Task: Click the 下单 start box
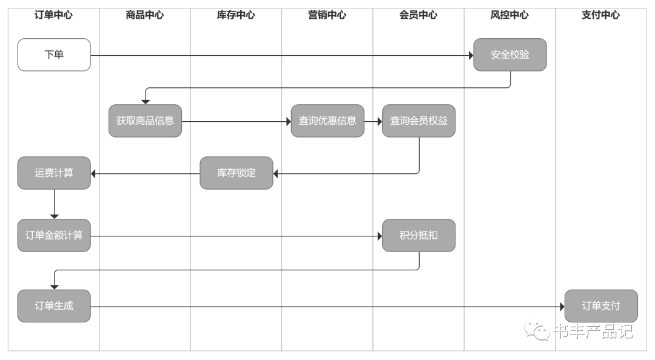pos(54,55)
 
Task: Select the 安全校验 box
pos(509,55)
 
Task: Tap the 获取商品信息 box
pos(145,121)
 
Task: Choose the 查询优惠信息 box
pos(327,121)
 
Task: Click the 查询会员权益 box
pos(418,121)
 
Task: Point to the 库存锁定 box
pos(237,173)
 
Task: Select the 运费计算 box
pos(54,173)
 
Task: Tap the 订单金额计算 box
pos(54,235)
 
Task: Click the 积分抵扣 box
pos(418,235)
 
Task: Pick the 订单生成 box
pos(54,305)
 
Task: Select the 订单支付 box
pos(601,305)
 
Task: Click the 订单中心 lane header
pos(53,15)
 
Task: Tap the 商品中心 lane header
pos(145,15)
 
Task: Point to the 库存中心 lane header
pos(236,15)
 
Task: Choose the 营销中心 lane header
pos(327,15)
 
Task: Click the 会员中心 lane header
pos(418,15)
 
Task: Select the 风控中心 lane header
pos(509,15)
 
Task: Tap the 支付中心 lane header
pos(600,15)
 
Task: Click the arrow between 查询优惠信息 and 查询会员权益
pos(373,121)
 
